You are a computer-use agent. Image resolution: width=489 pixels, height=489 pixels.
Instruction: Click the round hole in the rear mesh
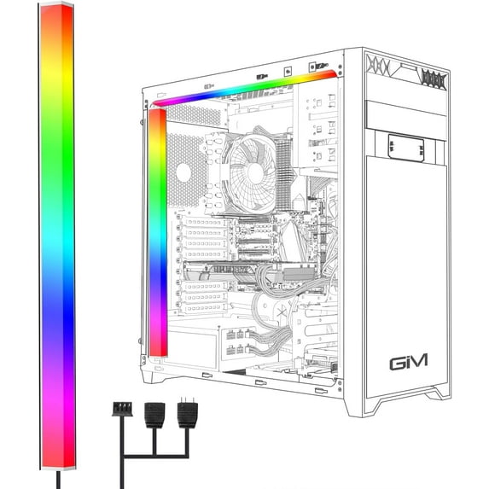pyautogui.click(x=182, y=172)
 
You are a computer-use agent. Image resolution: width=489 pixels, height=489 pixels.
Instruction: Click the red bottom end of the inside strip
pyautogui.click(x=157, y=346)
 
